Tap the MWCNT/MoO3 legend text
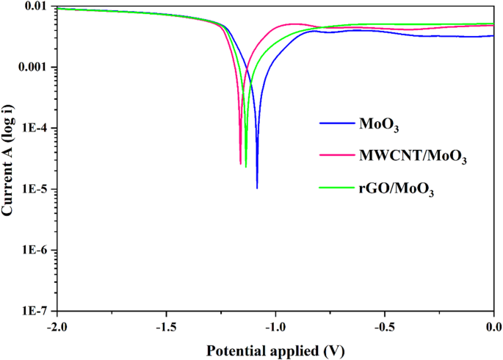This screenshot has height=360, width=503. pos(413,156)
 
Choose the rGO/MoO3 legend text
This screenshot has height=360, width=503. pos(397,190)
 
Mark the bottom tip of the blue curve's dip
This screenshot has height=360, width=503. pos(257,188)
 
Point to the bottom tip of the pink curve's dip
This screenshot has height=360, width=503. pos(240,164)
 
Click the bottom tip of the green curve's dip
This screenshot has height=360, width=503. pos(246,167)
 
